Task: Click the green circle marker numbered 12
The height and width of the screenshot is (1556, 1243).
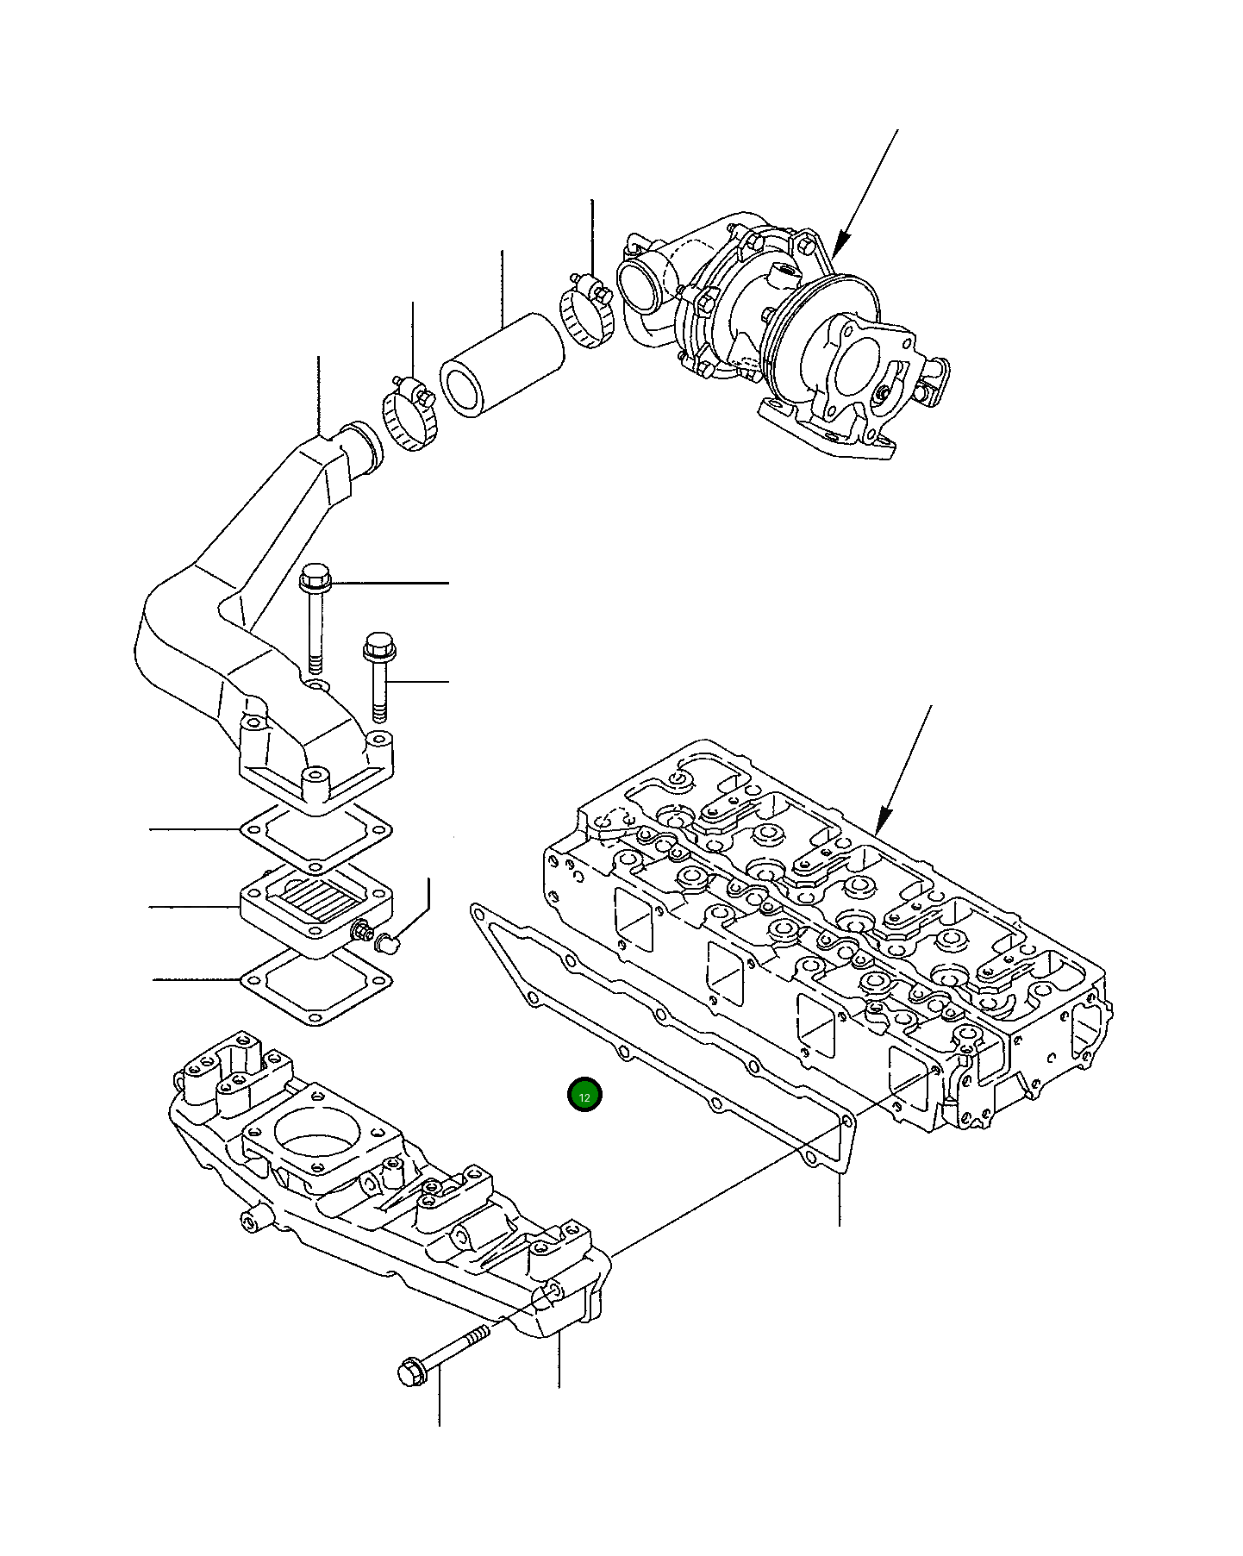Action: click(584, 1096)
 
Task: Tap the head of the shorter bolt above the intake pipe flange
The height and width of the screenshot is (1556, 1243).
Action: click(377, 644)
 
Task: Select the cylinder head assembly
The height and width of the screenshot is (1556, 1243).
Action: click(828, 931)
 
